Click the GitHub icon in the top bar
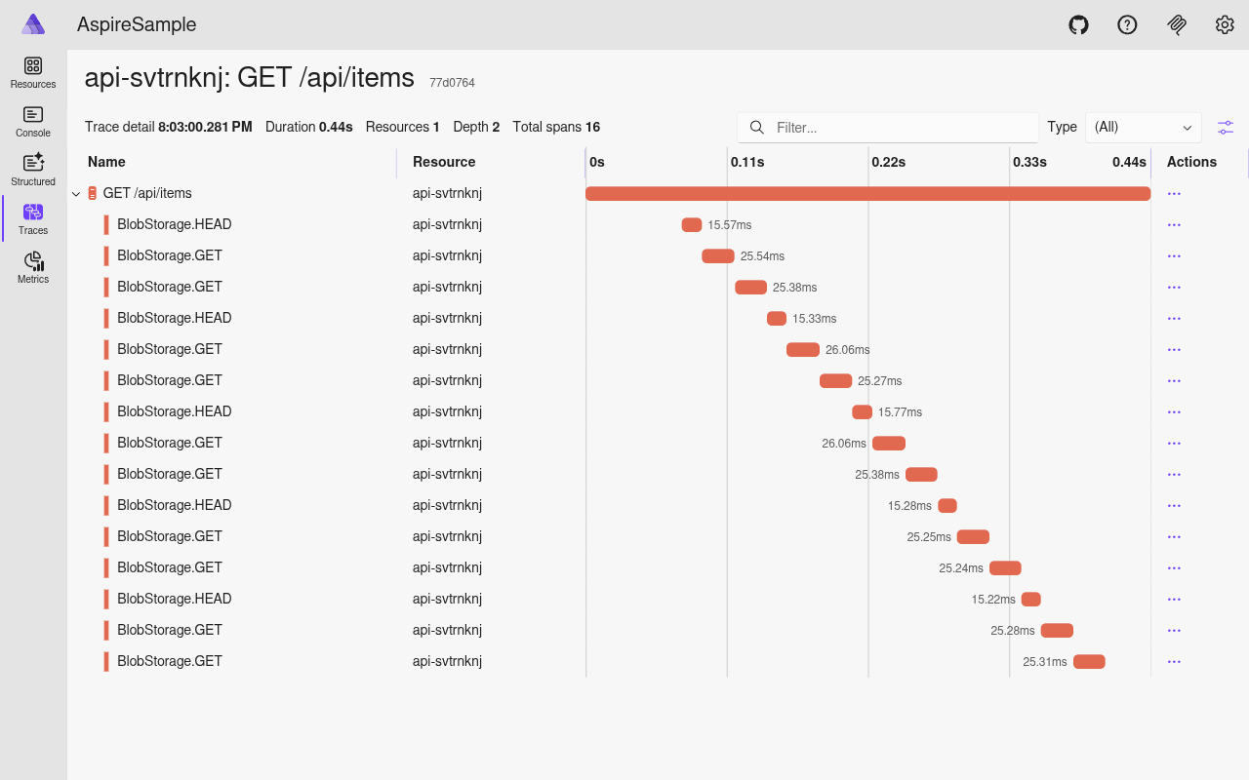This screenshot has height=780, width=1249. [x=1078, y=24]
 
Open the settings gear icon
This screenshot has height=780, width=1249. [x=1225, y=24]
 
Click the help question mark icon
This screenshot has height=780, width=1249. [x=1127, y=24]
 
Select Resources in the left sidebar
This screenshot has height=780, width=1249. [x=33, y=72]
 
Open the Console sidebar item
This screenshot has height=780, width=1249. [x=33, y=121]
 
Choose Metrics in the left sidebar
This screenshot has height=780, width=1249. [x=33, y=267]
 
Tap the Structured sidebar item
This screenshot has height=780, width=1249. [x=33, y=170]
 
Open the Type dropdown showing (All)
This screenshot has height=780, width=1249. [x=1143, y=128]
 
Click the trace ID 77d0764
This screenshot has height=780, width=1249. [x=452, y=83]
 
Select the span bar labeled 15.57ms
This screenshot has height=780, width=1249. [x=691, y=225]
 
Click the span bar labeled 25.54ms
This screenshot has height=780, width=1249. [x=717, y=256]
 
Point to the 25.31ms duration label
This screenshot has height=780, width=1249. [x=1044, y=662]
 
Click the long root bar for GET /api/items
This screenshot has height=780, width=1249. [x=867, y=194]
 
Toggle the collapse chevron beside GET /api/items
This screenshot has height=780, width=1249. [x=76, y=194]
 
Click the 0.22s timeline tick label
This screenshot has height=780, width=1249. [x=888, y=162]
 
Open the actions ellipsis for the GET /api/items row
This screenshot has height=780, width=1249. [x=1174, y=194]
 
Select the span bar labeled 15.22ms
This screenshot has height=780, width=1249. [x=1030, y=600]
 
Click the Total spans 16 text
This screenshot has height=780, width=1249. [x=556, y=127]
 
